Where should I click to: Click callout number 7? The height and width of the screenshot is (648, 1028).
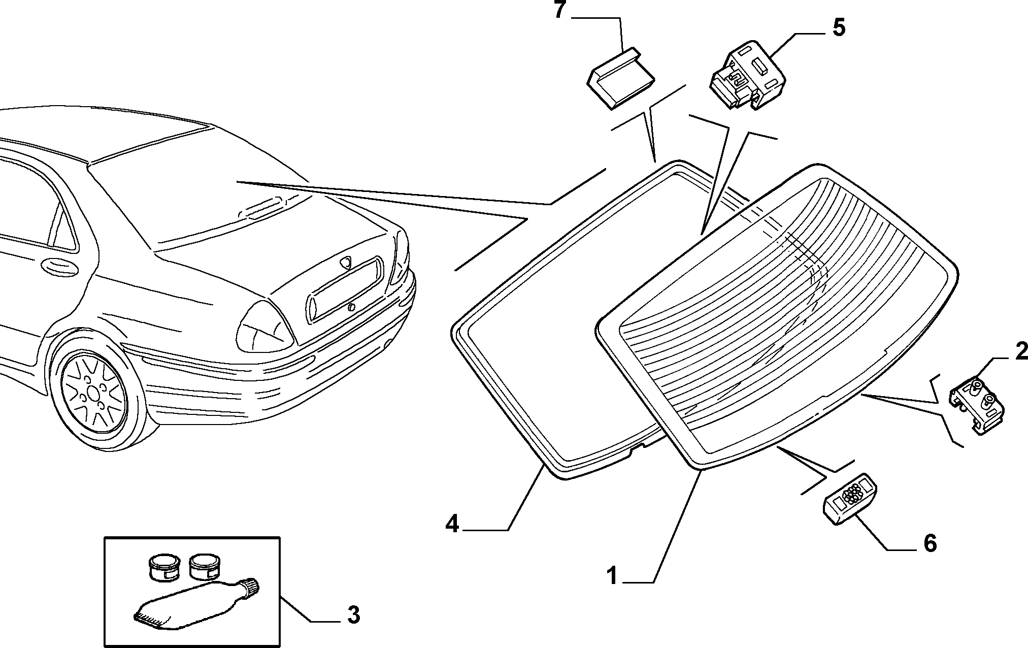pos(559,11)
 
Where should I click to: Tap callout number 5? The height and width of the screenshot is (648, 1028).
pos(839,27)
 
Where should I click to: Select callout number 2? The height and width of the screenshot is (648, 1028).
pos(1021,351)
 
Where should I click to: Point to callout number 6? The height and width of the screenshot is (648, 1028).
pos(930,543)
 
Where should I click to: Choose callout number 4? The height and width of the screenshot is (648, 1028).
pos(452,524)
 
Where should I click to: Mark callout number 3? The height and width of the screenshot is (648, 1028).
pos(353,615)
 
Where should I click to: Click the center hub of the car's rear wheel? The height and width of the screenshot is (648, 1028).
pos(94,392)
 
